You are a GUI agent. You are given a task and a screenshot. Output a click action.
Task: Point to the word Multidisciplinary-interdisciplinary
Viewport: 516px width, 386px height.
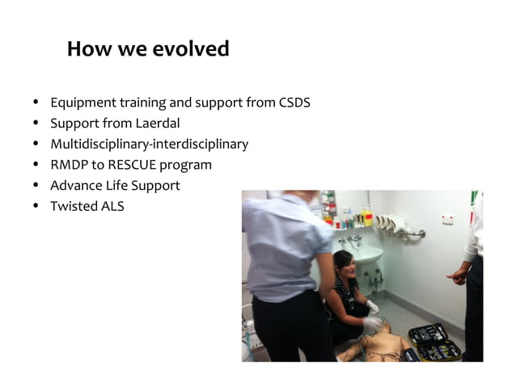[x=149, y=145]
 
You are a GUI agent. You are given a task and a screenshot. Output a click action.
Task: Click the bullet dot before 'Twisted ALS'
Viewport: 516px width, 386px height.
[x=36, y=206]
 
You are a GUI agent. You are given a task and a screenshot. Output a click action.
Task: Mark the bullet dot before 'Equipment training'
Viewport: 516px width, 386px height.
[x=36, y=103]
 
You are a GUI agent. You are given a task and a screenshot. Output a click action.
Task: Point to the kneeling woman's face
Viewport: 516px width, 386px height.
[x=343, y=267]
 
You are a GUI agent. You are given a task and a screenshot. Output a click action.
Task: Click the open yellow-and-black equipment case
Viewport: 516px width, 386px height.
[x=433, y=343]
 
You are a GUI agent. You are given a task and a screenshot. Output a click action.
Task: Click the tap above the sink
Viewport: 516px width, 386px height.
[x=349, y=240]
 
